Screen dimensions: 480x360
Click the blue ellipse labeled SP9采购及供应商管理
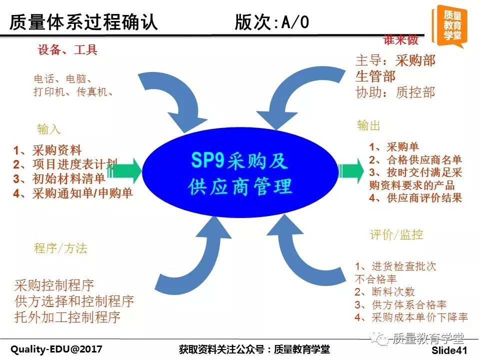[240, 173]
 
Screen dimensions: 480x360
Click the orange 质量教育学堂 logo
[449, 26]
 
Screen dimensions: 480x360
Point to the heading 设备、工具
[67, 49]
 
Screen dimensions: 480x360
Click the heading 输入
[48, 129]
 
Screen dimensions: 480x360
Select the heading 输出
[368, 125]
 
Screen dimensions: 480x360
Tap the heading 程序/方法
[60, 248]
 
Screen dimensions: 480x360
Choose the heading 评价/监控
[396, 235]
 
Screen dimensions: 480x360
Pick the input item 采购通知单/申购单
[82, 193]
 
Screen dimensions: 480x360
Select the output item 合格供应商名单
[424, 160]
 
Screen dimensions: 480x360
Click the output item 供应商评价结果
[424, 198]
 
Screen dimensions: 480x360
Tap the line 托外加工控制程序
[67, 317]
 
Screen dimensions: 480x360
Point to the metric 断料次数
[393, 291]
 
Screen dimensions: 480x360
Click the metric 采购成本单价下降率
[419, 317]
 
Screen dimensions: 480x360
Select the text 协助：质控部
[395, 92]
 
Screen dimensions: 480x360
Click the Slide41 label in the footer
[449, 350]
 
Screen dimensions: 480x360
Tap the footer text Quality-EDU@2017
[56, 349]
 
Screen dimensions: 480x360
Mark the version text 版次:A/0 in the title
[272, 22]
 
